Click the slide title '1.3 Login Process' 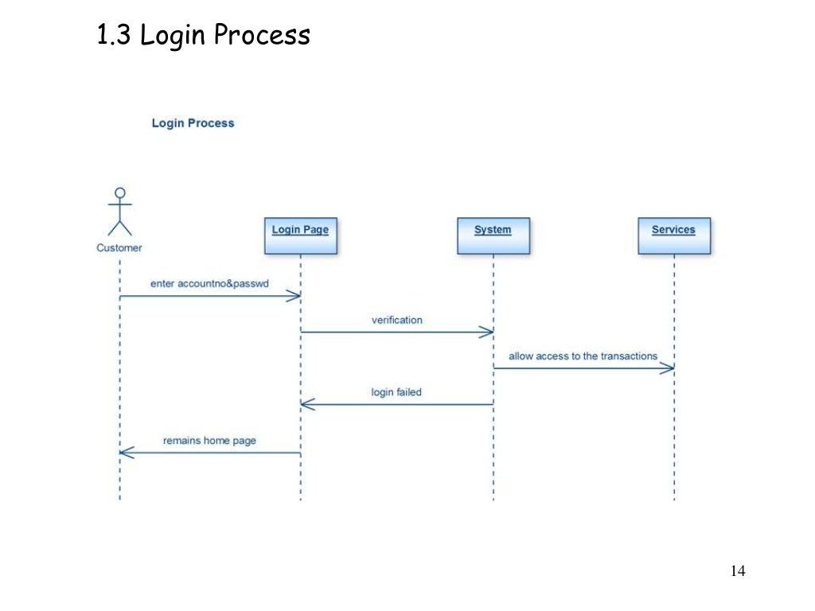pyautogui.click(x=203, y=35)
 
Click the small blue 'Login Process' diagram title pyautogui.click(x=193, y=123)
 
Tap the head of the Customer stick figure pyautogui.click(x=120, y=193)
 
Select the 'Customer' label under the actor pyautogui.click(x=119, y=247)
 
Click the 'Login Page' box pyautogui.click(x=300, y=235)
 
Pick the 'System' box pyautogui.click(x=493, y=235)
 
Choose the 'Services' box pyautogui.click(x=673, y=235)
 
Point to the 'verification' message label pyautogui.click(x=397, y=320)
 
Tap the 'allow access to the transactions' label pyautogui.click(x=583, y=356)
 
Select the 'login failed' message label pyautogui.click(x=396, y=391)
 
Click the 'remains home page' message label pyautogui.click(x=209, y=440)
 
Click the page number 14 pyautogui.click(x=737, y=571)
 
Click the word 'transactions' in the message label pyautogui.click(x=629, y=356)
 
